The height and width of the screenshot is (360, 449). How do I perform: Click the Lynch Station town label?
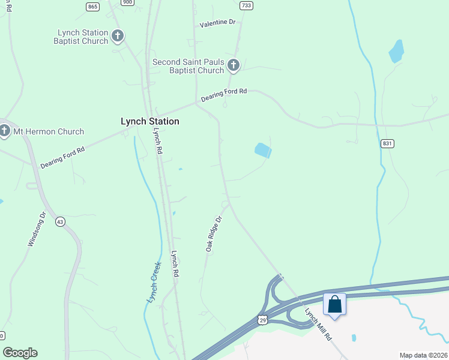point(150,121)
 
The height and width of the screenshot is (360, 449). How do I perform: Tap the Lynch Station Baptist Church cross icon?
point(118,36)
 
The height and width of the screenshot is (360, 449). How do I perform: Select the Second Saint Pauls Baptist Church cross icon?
point(233,65)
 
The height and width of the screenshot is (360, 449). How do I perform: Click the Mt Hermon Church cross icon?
point(5,131)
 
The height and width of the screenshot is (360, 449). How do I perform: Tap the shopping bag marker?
point(334,304)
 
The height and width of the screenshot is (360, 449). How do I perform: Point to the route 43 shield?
point(59,221)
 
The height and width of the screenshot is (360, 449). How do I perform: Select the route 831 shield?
point(387,144)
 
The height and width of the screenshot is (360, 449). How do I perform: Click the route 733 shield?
point(246,5)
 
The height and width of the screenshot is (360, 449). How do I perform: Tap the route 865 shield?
point(92,7)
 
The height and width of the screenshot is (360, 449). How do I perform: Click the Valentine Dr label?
point(218,23)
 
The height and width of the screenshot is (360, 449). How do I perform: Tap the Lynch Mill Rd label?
point(318,325)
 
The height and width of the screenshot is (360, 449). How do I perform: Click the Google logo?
point(20,353)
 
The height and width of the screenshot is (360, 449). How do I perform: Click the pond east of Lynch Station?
point(263,150)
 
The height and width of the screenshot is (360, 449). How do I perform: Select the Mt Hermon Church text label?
point(49,131)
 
